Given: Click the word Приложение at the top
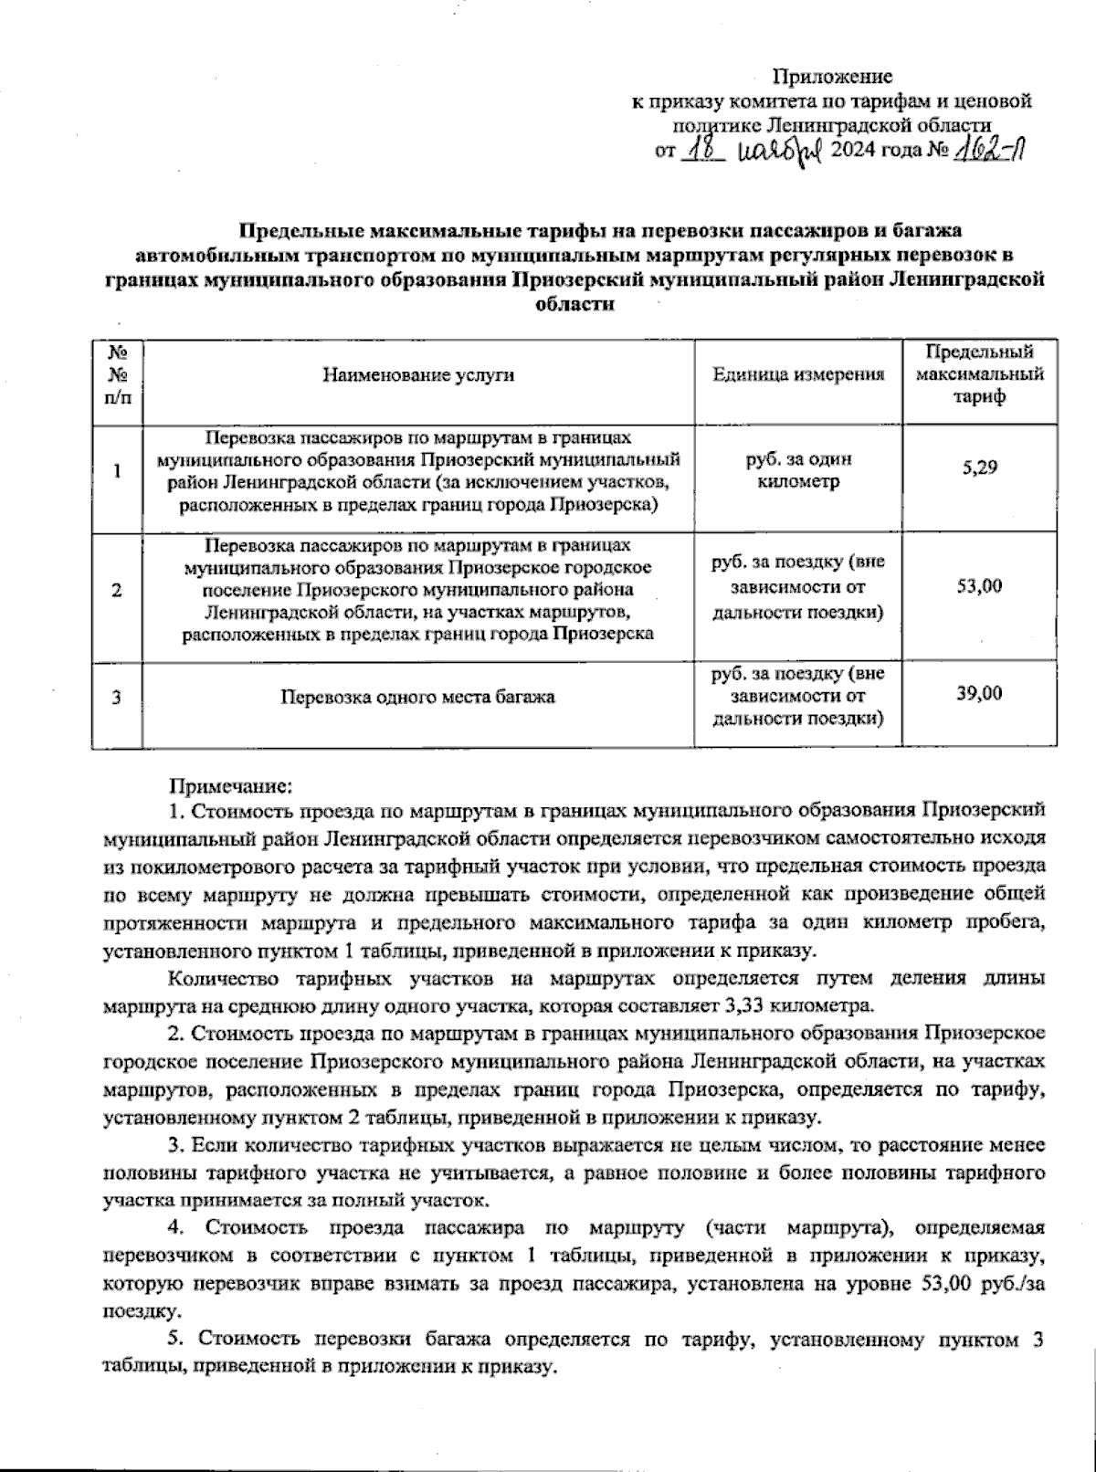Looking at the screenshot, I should [832, 77].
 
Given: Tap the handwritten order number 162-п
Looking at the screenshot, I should [983, 150].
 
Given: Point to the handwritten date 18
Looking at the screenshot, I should [702, 150].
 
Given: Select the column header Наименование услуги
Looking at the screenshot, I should [417, 375].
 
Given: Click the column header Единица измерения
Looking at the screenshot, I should [798, 375].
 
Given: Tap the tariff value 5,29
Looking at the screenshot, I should [979, 468].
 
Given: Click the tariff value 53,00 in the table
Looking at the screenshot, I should [979, 585].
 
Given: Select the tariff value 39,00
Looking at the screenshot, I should [979, 693].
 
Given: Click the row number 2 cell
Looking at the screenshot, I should [117, 590].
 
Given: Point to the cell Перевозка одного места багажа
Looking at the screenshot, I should [417, 698].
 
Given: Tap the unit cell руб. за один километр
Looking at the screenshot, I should [798, 471].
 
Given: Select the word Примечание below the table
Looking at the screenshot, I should [230, 784].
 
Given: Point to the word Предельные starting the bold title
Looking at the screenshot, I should [296, 231].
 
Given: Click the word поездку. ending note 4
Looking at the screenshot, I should [142, 1310].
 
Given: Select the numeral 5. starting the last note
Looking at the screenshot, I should [177, 1340].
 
